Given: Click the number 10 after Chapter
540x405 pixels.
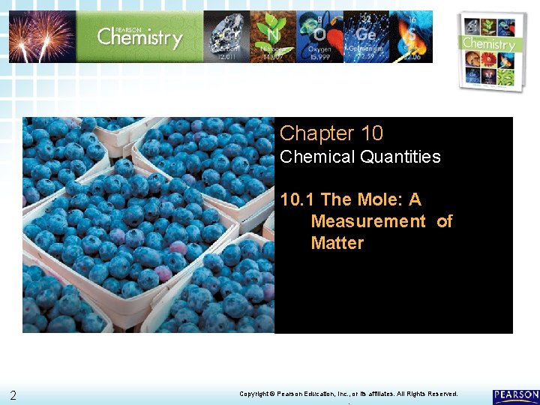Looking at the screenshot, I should click(x=371, y=133).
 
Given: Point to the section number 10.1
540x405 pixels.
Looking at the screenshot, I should click(x=297, y=199).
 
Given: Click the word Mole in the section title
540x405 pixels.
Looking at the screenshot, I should click(x=375, y=199).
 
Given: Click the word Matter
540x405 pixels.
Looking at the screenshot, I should click(x=337, y=243).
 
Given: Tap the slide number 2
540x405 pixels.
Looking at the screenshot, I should click(x=13, y=395).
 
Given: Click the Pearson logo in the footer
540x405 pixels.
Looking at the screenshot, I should click(x=515, y=395).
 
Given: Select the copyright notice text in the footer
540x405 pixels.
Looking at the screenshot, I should click(x=348, y=394).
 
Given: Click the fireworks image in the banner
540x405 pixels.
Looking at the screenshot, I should click(x=42, y=36).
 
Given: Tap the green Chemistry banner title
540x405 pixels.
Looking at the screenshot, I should click(x=139, y=36).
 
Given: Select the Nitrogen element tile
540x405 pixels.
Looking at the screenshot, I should click(x=272, y=36).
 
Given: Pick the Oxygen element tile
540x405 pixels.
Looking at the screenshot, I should click(x=319, y=36).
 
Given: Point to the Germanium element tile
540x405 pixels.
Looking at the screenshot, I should click(x=367, y=36).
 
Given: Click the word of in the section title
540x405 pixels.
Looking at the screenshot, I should click(x=444, y=221).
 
